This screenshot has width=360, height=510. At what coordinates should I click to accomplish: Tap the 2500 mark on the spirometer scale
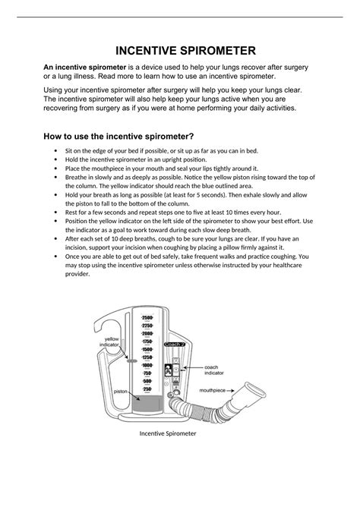tap(147, 316)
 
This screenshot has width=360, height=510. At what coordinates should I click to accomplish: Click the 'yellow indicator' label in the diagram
tap(112, 342)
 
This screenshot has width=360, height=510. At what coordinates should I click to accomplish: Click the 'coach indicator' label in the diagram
tap(216, 370)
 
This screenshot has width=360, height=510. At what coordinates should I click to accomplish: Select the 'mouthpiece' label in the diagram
tap(213, 390)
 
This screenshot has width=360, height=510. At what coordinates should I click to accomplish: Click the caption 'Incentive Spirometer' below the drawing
tap(167, 433)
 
